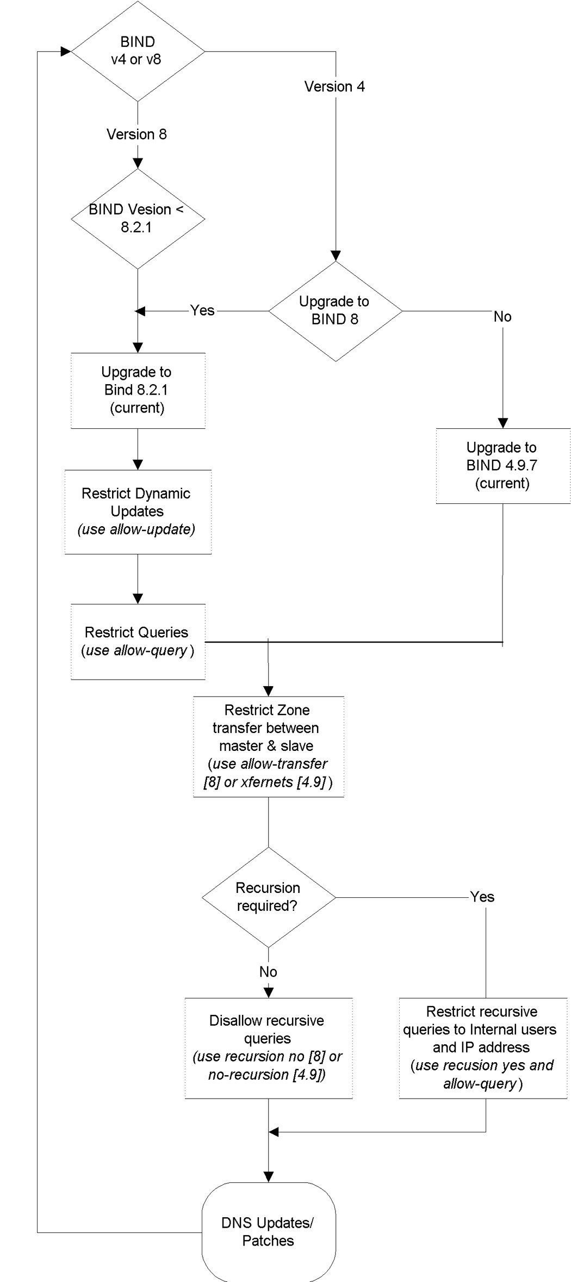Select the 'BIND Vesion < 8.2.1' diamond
[138, 219]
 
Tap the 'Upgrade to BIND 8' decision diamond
[336, 311]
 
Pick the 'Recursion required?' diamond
[268, 897]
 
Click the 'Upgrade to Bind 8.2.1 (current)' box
[138, 391]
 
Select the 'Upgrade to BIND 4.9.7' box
[502, 466]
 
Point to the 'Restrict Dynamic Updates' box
[138, 511]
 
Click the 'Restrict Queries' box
[138, 641]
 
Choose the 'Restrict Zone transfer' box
[269, 747]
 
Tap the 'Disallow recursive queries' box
[269, 1047]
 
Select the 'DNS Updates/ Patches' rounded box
[269, 1232]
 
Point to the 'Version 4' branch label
[334, 87]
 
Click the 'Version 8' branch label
[136, 134]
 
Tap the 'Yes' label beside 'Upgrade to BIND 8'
[202, 310]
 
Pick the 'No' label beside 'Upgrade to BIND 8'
[502, 317]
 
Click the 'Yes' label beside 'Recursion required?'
[482, 897]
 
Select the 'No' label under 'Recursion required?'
[269, 972]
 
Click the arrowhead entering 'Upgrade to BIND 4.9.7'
[502, 423]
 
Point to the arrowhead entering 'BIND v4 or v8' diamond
[66, 51]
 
